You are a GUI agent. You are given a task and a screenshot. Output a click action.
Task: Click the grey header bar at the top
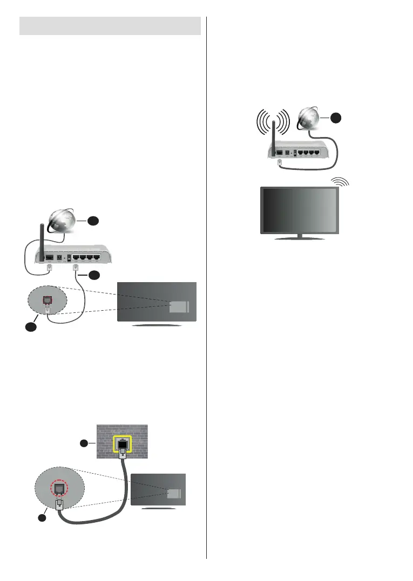click(x=110, y=26)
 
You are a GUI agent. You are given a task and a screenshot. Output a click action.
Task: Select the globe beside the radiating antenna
click(x=309, y=118)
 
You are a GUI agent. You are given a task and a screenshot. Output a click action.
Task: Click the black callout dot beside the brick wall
click(x=83, y=443)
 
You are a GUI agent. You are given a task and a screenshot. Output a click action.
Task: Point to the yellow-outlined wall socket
click(x=123, y=446)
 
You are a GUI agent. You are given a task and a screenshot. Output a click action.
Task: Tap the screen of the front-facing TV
click(x=300, y=210)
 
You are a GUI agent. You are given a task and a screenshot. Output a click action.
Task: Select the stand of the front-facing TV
click(x=300, y=236)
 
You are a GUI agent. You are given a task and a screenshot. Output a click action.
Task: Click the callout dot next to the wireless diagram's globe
click(x=336, y=117)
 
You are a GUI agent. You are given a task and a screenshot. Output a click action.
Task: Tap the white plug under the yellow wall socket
click(x=123, y=464)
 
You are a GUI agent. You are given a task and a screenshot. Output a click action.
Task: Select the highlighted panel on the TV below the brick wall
click(x=174, y=494)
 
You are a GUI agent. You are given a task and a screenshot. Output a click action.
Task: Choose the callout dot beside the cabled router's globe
click(x=93, y=221)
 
